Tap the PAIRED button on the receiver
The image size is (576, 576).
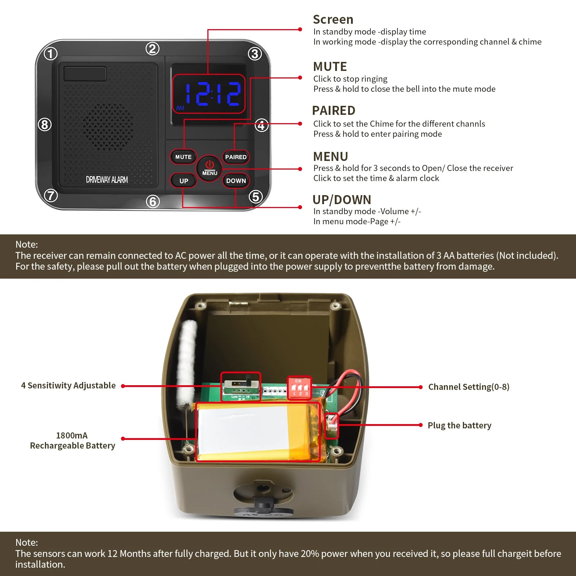coord(236,157)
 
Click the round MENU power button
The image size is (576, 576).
coord(210,168)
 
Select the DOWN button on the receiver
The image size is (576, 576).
coord(236,181)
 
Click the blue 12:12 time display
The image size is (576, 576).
coord(212,94)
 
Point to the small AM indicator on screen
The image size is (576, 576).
coord(180,108)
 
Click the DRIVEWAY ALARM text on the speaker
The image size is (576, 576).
coord(107,180)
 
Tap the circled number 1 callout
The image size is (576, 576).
coord(51,54)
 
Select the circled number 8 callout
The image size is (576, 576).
coord(45,125)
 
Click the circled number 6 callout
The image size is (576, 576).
coord(153,201)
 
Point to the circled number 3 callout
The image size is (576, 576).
coord(255,54)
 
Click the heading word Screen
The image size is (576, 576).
coord(333,19)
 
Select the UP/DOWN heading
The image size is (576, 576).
coord(342,200)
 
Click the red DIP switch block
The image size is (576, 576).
coord(299,388)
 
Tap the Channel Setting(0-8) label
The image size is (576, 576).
coord(469,387)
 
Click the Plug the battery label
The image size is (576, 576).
coord(459,426)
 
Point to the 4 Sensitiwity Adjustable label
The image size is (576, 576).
coord(68,386)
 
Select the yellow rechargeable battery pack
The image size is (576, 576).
coord(258,432)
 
